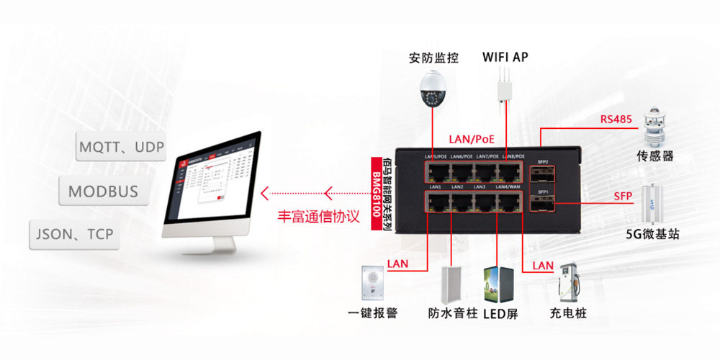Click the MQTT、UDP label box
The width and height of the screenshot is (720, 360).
pyautogui.click(x=122, y=148)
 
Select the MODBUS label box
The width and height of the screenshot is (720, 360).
pyautogui.click(x=103, y=192)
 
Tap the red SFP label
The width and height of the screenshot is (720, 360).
pyautogui.click(x=623, y=196)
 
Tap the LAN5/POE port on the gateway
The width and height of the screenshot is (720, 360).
pyautogui.click(x=436, y=171)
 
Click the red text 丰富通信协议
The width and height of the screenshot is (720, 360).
pyautogui.click(x=318, y=216)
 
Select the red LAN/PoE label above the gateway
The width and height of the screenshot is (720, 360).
pyautogui.click(x=472, y=138)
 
